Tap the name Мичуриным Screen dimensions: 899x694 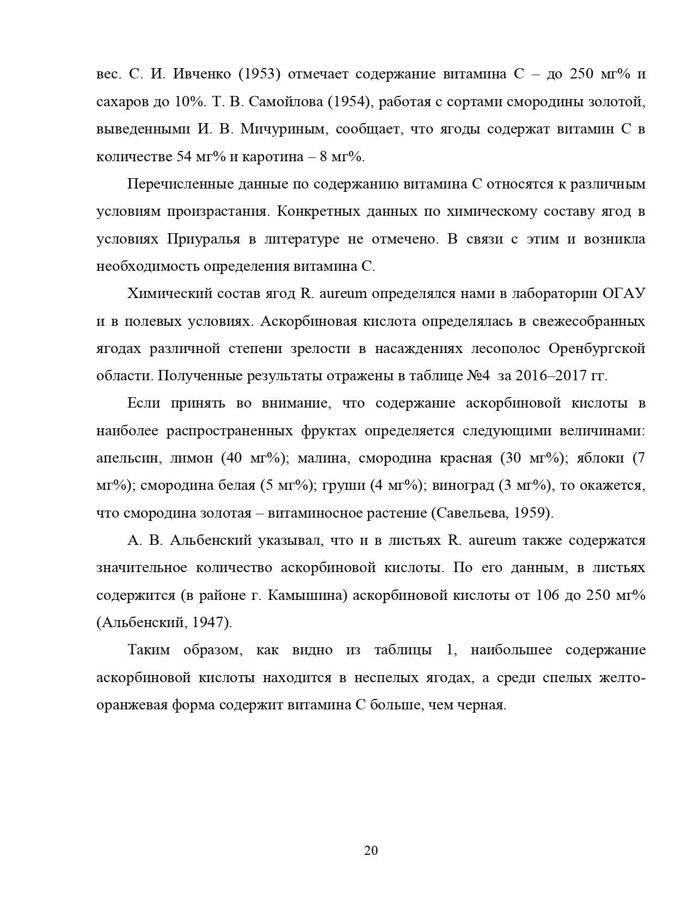click(284, 129)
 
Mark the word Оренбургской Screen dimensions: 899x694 click(597, 349)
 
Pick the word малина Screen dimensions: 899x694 click(323, 458)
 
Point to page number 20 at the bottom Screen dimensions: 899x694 click(371, 851)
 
